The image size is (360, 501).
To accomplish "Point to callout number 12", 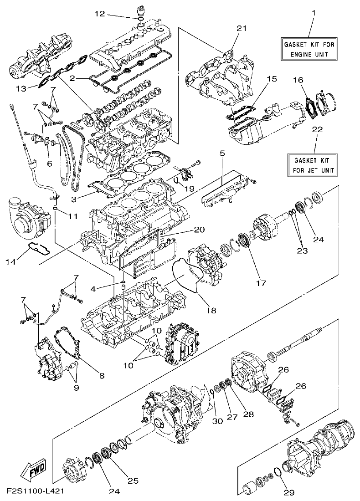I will (x=99, y=14).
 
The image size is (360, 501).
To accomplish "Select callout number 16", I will (x=297, y=80).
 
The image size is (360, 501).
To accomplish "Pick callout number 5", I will (x=222, y=154).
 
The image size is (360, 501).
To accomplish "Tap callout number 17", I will (x=260, y=283).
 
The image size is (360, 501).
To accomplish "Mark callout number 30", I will (x=217, y=421).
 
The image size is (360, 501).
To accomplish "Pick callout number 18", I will (x=211, y=310).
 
